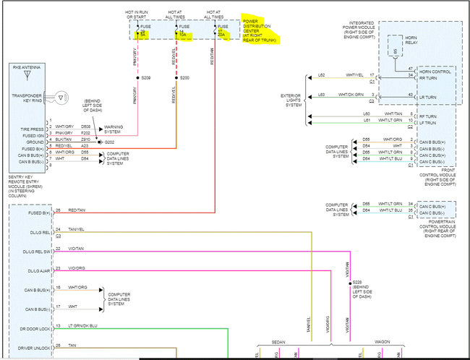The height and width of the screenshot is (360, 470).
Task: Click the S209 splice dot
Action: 137,77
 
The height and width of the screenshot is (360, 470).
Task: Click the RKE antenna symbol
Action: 27,74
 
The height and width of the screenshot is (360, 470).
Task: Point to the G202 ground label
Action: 109,142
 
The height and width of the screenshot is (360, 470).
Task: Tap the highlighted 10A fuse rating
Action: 182,33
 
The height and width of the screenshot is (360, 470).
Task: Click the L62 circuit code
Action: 321,74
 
